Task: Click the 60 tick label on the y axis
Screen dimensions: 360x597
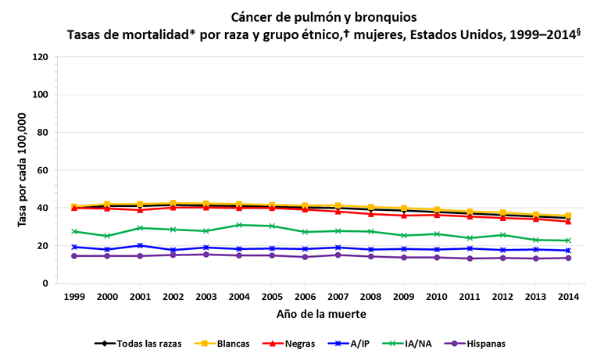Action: (43, 170)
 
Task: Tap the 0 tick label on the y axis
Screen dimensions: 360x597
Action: (46, 283)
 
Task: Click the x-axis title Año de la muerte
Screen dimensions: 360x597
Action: (320, 315)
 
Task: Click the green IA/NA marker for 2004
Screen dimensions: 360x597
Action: (239, 225)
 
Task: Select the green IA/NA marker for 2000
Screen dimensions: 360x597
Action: (107, 236)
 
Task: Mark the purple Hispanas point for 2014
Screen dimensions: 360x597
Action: (568, 258)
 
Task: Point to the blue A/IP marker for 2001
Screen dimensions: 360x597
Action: (140, 245)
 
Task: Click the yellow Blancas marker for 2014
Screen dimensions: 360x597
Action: (568, 216)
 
